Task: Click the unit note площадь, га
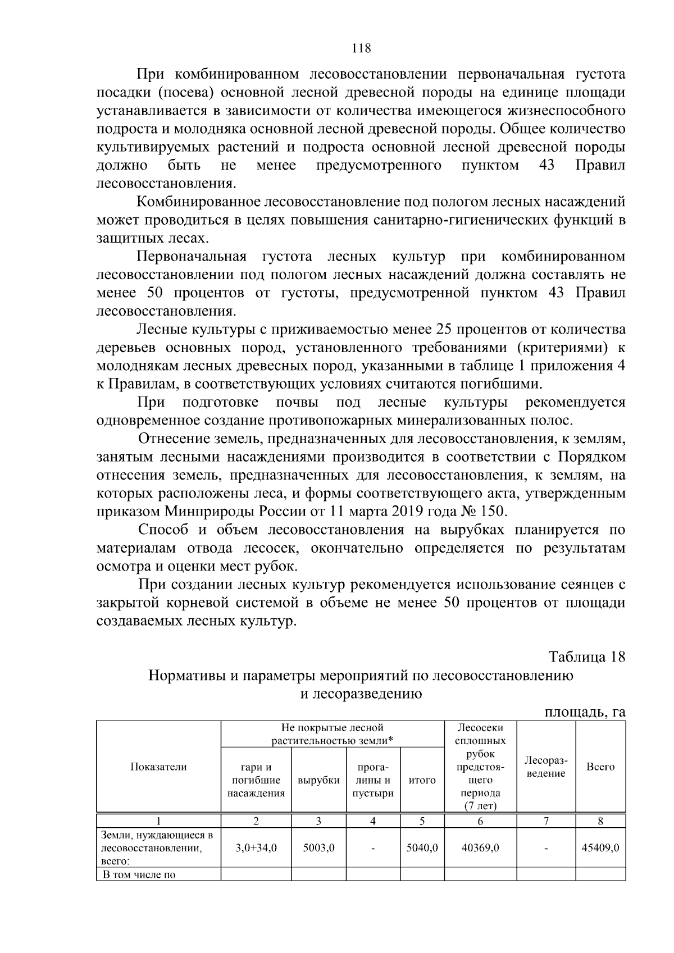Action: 585,712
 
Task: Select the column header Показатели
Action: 158,767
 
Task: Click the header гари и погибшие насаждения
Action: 256,780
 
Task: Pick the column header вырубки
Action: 318,780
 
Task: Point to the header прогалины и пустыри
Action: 373,780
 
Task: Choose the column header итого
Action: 422,780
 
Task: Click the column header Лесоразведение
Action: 546,767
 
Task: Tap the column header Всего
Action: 600,767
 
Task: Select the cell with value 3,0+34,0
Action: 256,848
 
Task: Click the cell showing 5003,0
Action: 318,848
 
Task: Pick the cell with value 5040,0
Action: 422,848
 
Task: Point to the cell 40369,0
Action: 480,848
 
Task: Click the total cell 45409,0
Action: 600,848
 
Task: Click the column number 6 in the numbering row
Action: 480,821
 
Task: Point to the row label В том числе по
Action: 139,874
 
